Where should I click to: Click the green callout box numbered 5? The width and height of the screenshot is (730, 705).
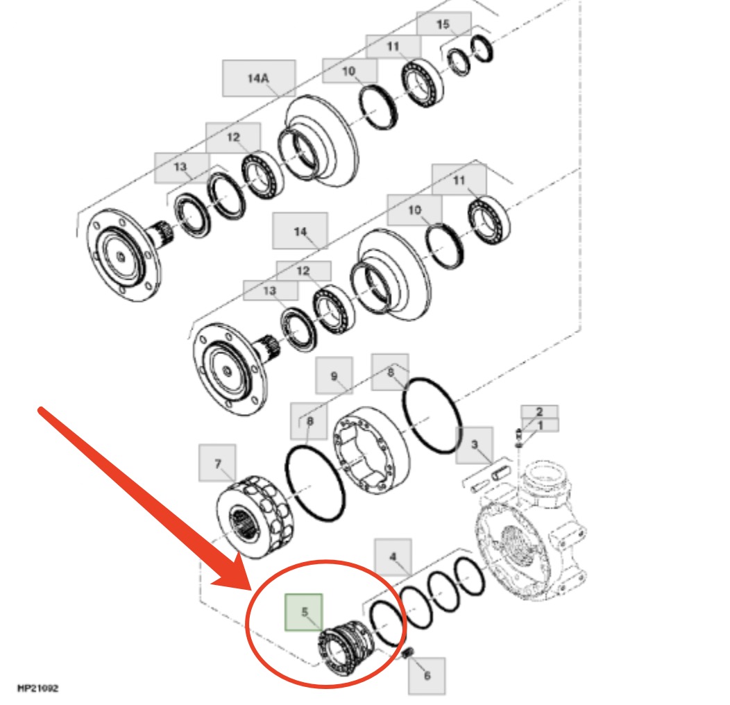click(303, 612)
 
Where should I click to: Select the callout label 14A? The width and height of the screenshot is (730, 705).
click(259, 78)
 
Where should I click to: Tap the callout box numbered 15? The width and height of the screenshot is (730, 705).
click(443, 24)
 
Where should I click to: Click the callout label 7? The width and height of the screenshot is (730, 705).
click(217, 463)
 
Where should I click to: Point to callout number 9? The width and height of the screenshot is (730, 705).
click(334, 376)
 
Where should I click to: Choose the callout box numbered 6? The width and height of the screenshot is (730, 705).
click(427, 676)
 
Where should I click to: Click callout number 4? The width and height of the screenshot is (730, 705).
click(393, 557)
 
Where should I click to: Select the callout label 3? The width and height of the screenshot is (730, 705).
click(475, 445)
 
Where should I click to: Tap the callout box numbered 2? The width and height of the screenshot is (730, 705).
click(540, 411)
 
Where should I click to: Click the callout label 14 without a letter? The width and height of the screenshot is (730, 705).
click(300, 231)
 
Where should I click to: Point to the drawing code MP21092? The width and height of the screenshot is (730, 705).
click(37, 688)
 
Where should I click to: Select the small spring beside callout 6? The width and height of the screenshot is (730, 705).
click(408, 654)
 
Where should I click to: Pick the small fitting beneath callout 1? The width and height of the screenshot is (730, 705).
click(519, 438)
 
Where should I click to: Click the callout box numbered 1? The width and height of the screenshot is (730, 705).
click(540, 425)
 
